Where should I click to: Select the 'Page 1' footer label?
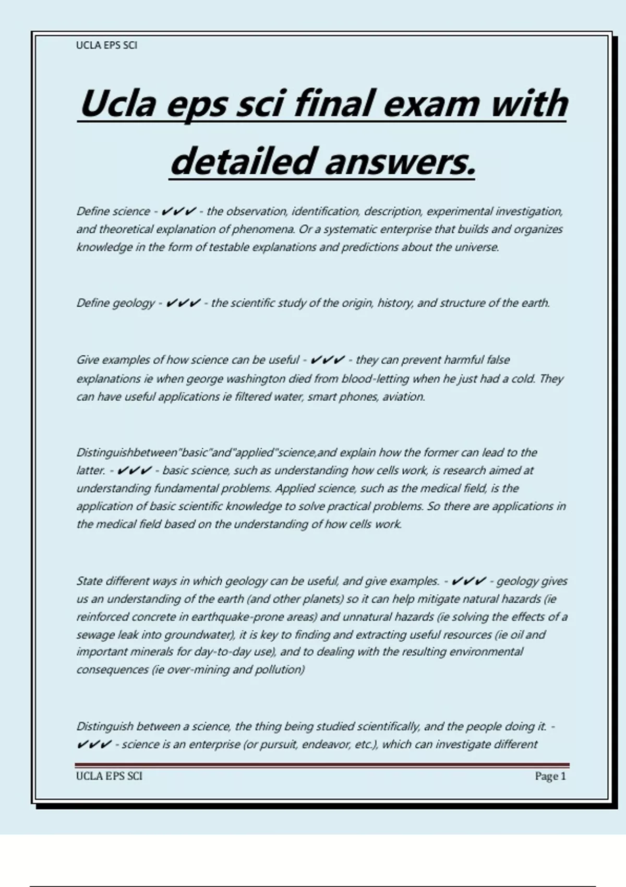point(550,776)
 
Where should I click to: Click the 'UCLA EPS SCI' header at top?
point(106,45)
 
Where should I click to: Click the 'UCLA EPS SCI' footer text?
point(109,776)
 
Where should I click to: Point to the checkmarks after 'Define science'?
point(179,211)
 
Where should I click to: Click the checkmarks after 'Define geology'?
point(183,303)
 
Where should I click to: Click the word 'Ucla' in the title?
point(118,103)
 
